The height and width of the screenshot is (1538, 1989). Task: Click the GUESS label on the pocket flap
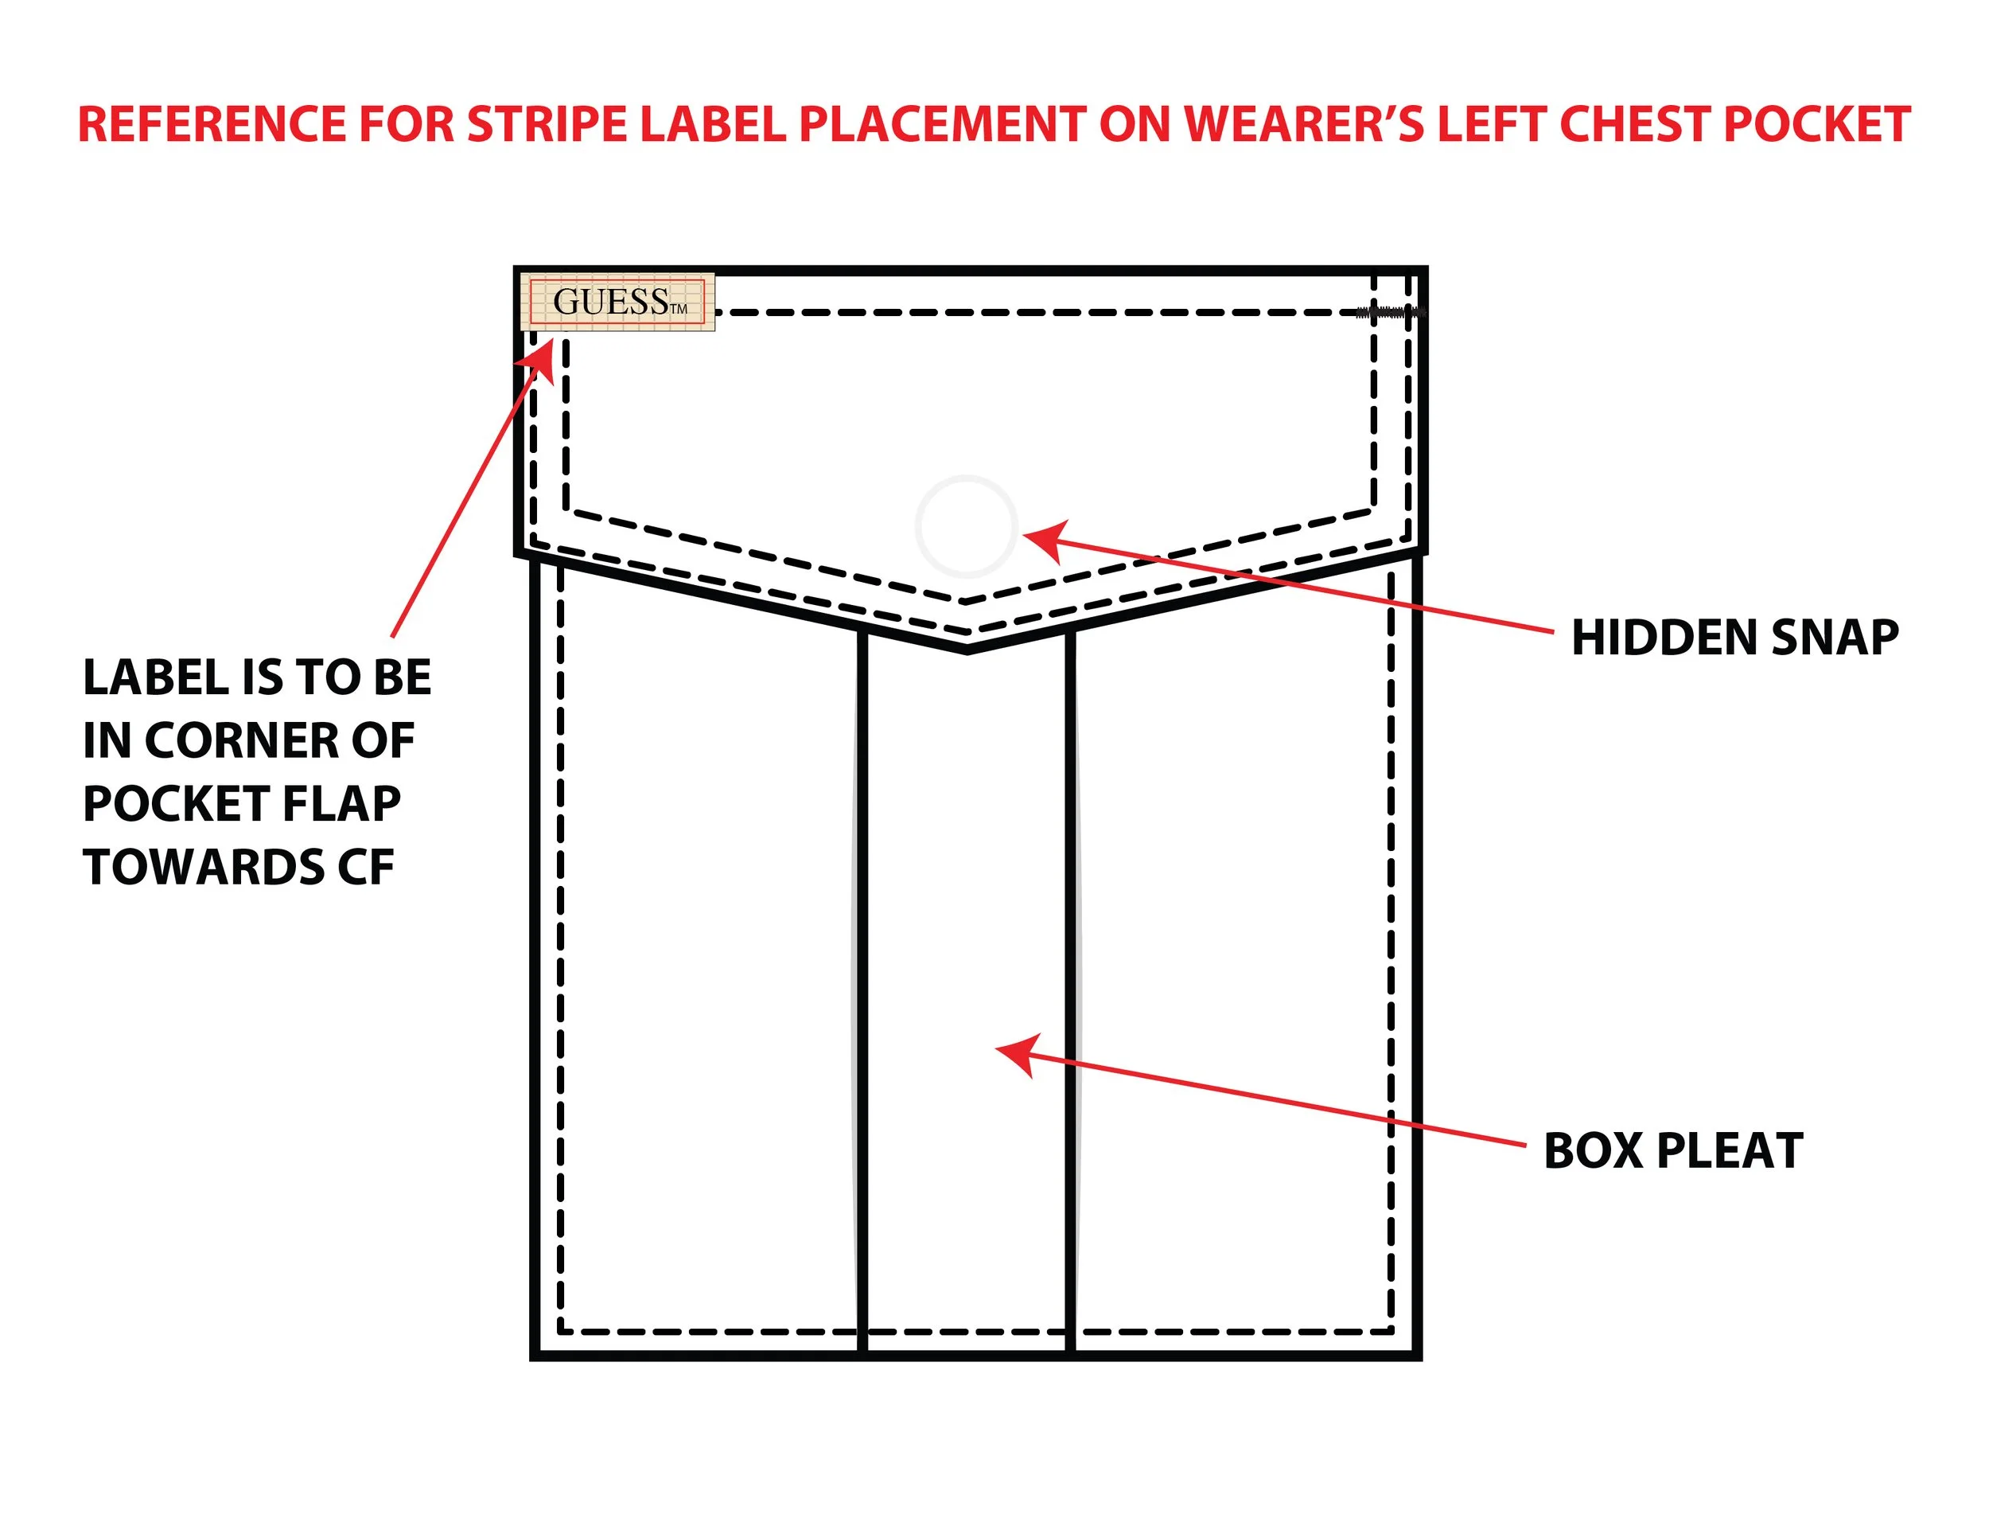point(617,302)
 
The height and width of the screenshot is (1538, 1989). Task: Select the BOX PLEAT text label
point(1673,1151)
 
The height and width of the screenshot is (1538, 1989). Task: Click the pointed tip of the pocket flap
point(967,648)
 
